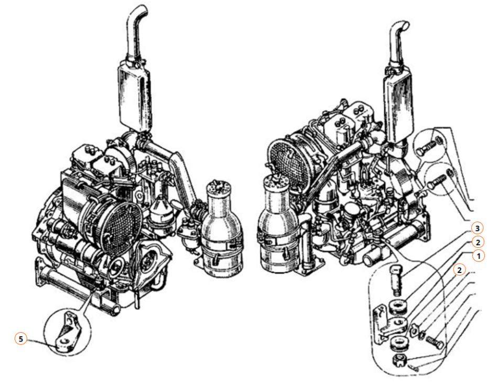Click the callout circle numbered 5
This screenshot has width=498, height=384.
coord(20,339)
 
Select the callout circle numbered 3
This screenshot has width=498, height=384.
coord(477,228)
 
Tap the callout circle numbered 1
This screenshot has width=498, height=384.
coord(479,256)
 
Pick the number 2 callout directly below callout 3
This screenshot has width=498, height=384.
coord(478,243)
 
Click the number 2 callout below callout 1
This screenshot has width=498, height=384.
coord(459,270)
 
